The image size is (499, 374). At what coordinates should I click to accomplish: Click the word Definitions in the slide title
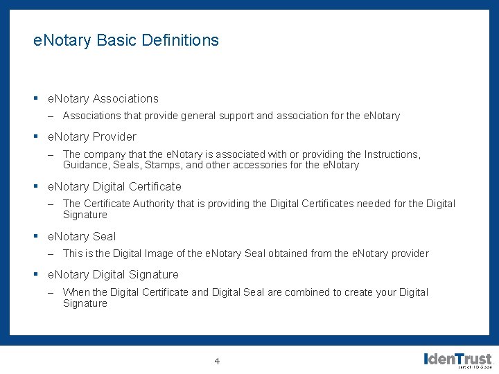click(x=180, y=40)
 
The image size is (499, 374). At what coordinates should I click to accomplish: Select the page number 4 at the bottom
click(x=217, y=361)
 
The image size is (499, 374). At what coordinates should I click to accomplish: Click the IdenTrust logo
click(x=457, y=359)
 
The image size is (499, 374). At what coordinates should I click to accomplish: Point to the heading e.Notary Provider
click(x=91, y=136)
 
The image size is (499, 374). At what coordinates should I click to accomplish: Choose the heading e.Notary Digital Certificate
click(x=114, y=186)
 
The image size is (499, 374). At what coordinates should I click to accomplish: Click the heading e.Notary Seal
click(x=81, y=236)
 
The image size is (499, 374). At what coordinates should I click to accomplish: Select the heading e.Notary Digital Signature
click(x=112, y=275)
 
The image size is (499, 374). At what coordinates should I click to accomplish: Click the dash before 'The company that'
click(x=51, y=154)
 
